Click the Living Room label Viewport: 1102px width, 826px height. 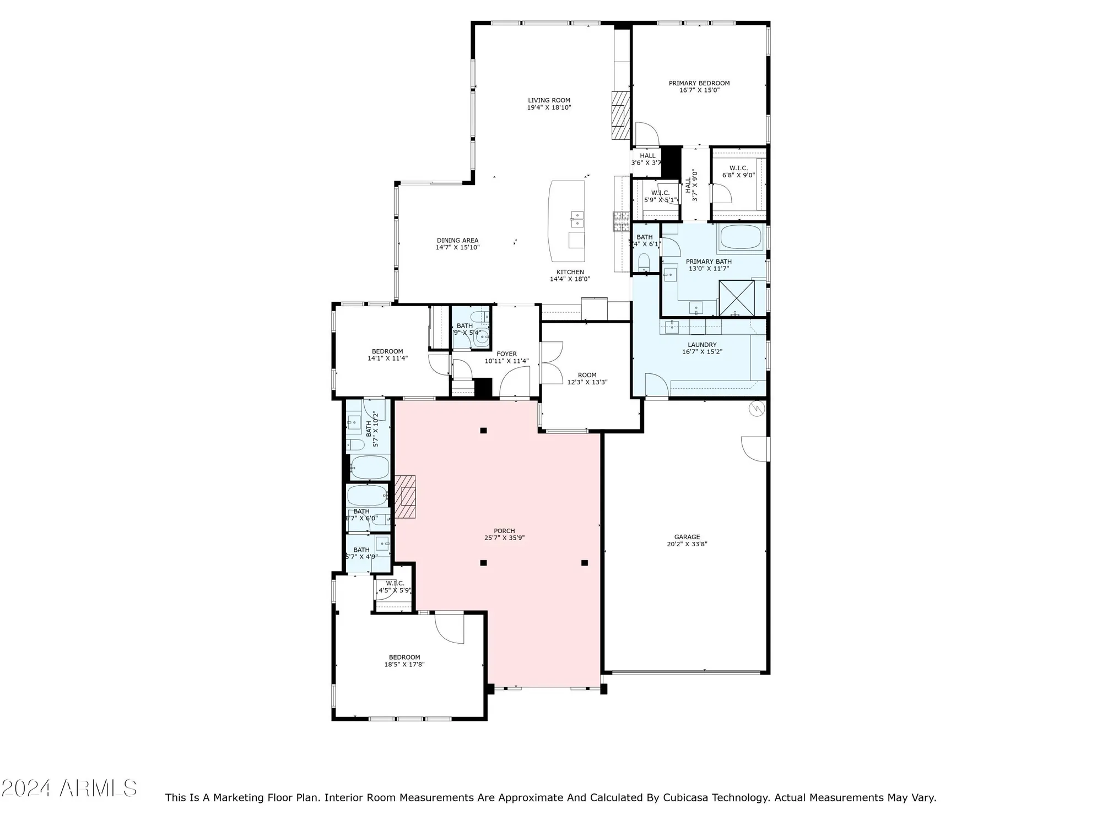tap(549, 101)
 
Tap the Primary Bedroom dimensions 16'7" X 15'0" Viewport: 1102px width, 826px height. tap(699, 90)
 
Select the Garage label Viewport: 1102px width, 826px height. tap(687, 537)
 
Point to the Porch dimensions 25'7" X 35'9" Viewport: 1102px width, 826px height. tap(504, 538)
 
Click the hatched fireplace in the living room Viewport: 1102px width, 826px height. tap(620, 115)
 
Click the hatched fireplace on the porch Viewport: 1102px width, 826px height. tap(405, 496)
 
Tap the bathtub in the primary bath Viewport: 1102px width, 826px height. tap(741, 238)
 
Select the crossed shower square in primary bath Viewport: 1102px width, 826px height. tap(737, 298)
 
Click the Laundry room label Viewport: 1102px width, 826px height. tap(702, 345)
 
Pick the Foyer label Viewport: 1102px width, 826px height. tap(506, 354)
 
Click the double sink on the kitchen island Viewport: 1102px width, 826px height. tap(577, 219)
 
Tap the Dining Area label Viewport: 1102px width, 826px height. tap(457, 241)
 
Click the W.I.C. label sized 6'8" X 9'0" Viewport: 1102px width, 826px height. tap(738, 168)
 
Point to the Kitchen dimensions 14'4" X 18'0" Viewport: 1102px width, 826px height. tap(570, 279)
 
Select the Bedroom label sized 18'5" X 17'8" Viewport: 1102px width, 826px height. tap(404, 657)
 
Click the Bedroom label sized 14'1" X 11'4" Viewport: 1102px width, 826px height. tap(387, 351)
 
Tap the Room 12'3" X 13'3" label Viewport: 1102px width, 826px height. tap(587, 375)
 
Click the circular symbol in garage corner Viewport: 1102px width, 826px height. tap(757, 409)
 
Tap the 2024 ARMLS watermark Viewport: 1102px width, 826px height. tap(69, 789)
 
